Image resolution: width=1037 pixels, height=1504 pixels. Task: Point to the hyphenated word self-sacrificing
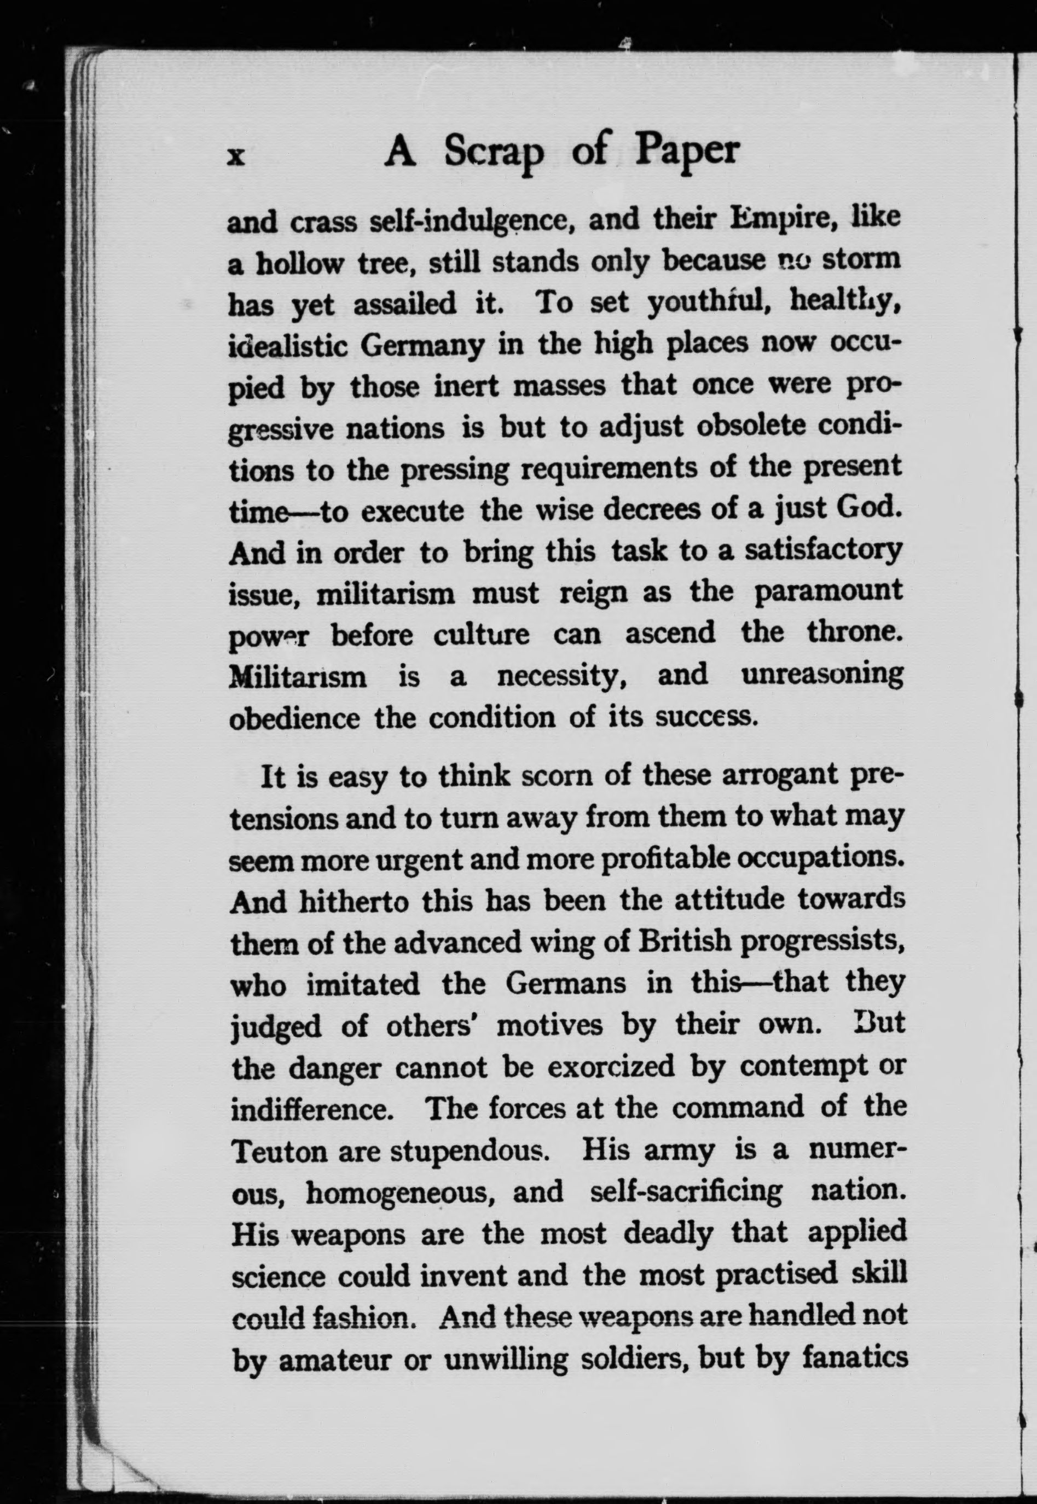[x=686, y=1192]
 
